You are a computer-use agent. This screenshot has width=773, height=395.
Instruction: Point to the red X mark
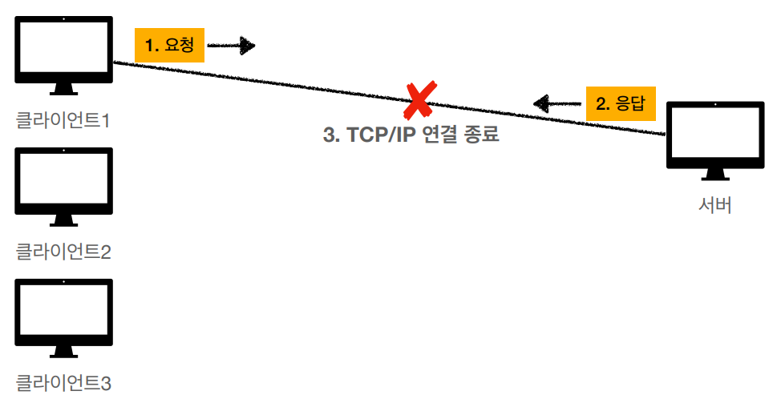[x=419, y=100]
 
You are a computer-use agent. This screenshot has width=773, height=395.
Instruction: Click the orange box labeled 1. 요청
[x=170, y=46]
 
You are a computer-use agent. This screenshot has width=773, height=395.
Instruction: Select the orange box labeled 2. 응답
[x=621, y=103]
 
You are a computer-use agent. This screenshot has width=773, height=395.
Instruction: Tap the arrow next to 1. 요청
[x=231, y=46]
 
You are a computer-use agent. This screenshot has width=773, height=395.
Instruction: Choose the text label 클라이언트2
[x=63, y=252]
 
